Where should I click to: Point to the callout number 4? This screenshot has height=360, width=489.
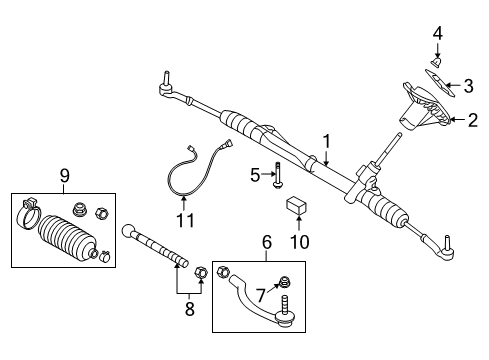(x=437, y=35)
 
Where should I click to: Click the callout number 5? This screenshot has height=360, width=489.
(x=255, y=175)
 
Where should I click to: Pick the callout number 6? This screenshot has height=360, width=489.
(x=266, y=243)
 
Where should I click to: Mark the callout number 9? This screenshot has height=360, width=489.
(x=65, y=176)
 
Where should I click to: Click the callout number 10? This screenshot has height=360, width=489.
(x=295, y=242)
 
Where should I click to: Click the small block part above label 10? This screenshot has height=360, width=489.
(x=295, y=206)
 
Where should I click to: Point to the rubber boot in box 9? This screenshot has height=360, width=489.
(x=65, y=242)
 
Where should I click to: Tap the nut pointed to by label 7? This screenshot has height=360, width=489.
(x=286, y=281)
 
